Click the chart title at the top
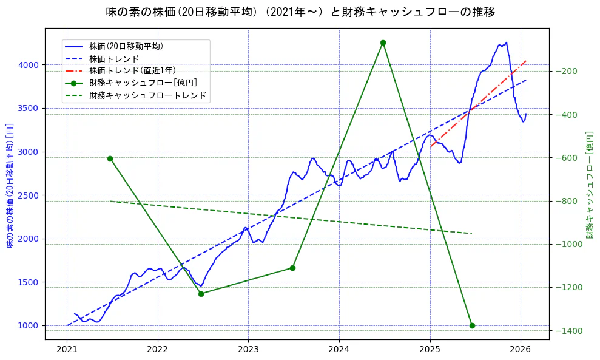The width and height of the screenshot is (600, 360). pos(300,12)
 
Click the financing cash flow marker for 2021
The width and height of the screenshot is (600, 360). pos(110,158)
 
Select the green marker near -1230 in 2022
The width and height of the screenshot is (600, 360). pos(201,294)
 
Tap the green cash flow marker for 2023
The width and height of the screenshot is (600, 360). pos(292,268)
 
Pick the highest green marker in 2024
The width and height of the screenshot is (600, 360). pos(383,42)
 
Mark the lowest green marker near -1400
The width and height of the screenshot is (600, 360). pos(472,325)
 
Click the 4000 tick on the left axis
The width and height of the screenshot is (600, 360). pos(28,65)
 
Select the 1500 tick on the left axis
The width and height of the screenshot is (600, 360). pos(28,282)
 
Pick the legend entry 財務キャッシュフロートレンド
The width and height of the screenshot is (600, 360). pos(147,95)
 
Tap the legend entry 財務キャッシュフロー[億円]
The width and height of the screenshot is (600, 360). pos(143,83)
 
